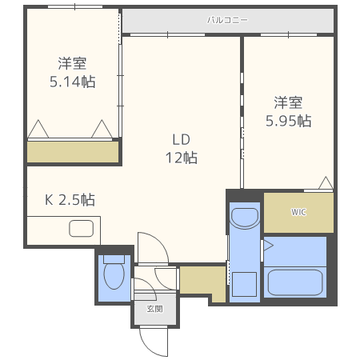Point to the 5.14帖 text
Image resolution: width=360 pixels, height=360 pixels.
coord(72,81)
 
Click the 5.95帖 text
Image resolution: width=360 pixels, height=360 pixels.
coord(288,121)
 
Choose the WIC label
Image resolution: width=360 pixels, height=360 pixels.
coord(298,212)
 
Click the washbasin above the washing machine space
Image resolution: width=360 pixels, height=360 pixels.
coord(244,218)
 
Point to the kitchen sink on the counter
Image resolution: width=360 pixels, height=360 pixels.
coord(82,229)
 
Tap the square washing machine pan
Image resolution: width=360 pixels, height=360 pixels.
coord(244,285)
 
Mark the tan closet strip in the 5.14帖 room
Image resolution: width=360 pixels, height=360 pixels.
coord(73,152)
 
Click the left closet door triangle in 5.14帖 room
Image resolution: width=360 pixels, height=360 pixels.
coord(38,130)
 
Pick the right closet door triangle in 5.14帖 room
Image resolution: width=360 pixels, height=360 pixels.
coord(102,130)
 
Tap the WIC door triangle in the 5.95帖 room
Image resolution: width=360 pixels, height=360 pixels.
coord(325,184)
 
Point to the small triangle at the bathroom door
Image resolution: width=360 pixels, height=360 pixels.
coord(269,244)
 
